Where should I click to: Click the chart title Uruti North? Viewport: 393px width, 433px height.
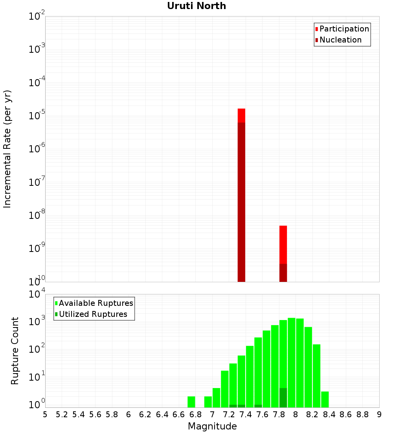coord(196,6)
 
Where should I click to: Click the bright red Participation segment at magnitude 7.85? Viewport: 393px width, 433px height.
coord(283,244)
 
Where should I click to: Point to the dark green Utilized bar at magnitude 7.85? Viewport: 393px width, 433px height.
coord(283,398)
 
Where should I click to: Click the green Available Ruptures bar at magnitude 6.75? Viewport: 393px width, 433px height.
coord(191,402)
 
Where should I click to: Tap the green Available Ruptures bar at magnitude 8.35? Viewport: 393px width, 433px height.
coord(325,399)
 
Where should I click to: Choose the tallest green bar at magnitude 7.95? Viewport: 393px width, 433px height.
coord(291,362)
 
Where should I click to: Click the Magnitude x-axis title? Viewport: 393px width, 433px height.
coord(212,426)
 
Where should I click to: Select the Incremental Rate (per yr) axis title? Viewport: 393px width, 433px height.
coord(7,149)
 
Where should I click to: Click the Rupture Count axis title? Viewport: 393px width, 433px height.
coord(15,350)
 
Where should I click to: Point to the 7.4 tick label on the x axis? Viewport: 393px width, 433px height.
coord(246,415)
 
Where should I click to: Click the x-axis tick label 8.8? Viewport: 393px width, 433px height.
coord(362,415)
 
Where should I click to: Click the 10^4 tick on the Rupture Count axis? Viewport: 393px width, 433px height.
coord(36,294)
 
